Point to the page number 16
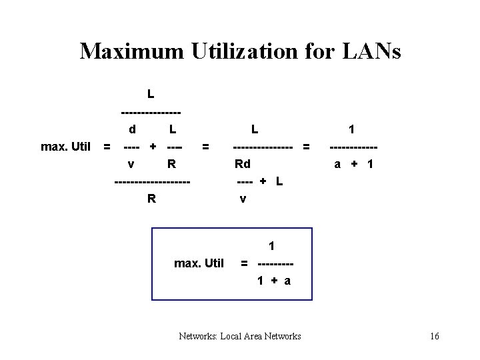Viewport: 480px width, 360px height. coord(435,336)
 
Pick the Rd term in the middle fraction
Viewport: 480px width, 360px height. coord(243,163)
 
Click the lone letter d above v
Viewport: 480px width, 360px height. coord(133,129)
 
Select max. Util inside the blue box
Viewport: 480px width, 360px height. coord(199,263)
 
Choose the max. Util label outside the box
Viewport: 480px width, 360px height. coord(65,146)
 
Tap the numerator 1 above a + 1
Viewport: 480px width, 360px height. coord(352,129)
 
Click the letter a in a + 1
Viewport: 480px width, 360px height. coord(337,163)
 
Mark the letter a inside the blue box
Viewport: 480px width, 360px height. coord(287,281)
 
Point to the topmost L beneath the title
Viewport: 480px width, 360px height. coord(151,94)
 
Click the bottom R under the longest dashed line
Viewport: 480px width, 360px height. coord(152,198)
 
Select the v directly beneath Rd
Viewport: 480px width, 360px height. coord(243,198)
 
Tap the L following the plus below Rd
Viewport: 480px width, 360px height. coord(279,181)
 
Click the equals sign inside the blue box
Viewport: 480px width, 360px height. coord(245,263)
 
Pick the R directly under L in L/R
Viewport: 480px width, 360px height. coord(171,163)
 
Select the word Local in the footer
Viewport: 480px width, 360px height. coord(225,336)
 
